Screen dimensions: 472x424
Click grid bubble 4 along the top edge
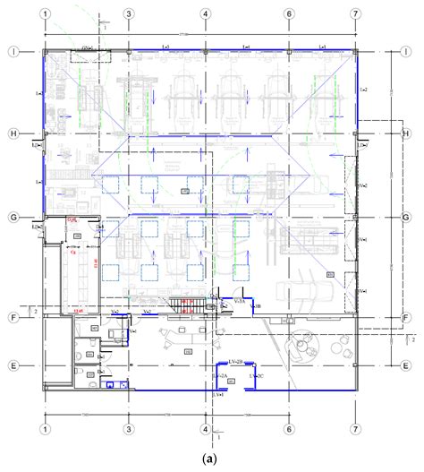click(206, 15)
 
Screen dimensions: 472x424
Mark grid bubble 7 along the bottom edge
click(356, 428)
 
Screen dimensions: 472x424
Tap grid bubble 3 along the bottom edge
click(129, 428)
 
